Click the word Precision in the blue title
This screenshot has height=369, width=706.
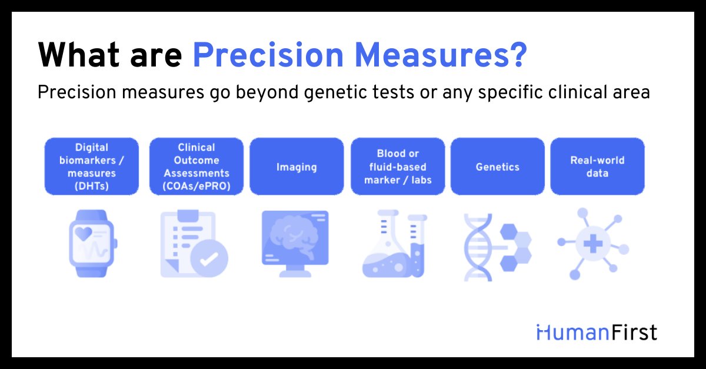268,55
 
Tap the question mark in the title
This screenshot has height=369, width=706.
518,55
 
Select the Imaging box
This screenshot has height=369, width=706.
297,167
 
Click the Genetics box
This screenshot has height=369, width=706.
497,167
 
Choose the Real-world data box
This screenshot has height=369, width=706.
597,167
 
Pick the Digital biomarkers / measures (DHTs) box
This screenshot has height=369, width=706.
92,167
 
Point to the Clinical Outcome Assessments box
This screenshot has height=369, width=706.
197,167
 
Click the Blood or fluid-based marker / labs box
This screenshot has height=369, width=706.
398,167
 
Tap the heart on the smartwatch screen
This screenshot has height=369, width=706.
84,234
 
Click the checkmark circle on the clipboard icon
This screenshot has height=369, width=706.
209,258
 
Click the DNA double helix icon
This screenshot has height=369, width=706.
478,247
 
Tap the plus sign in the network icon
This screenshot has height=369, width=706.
593,244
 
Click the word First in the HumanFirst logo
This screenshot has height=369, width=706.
634,333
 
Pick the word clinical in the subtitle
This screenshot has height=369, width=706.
578,92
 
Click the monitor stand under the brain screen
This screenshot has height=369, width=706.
295,271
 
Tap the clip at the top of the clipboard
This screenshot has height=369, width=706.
188,216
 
